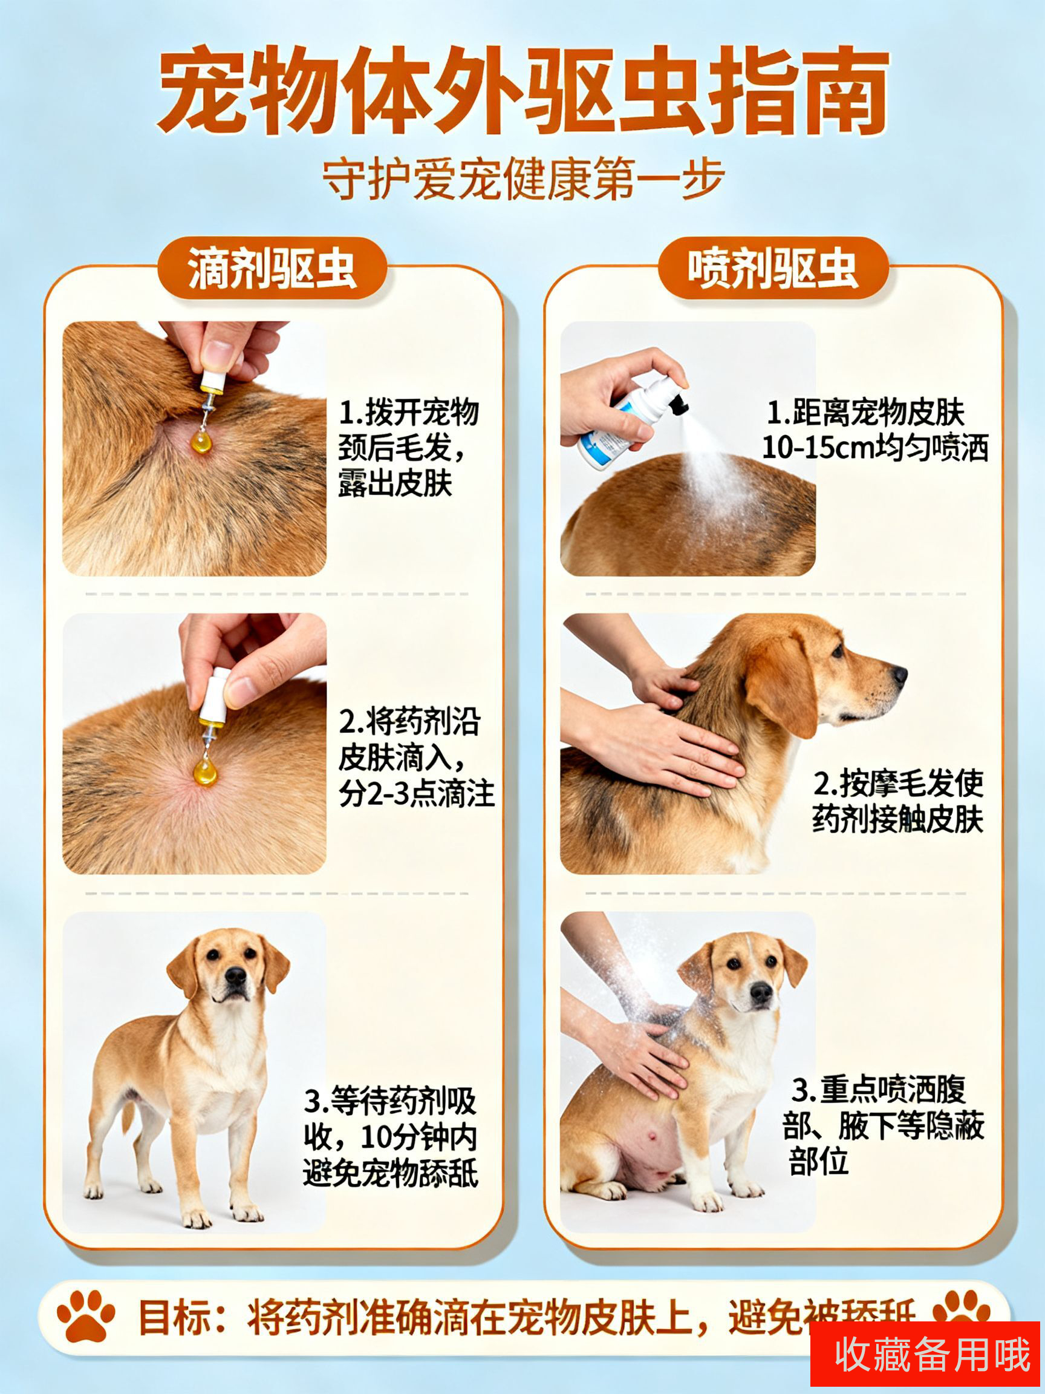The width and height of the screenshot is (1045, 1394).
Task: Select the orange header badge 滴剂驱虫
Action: coord(272,269)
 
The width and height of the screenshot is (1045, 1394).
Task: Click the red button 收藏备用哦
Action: coord(924,1353)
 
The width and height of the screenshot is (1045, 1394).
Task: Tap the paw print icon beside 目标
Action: coord(86,1316)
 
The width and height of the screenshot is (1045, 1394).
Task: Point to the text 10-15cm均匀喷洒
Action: coord(875,448)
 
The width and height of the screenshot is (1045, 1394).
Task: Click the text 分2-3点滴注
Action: coord(416,793)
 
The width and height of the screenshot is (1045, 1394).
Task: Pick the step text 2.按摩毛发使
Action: coord(898,784)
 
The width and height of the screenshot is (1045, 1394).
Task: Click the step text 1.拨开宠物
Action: coord(409,413)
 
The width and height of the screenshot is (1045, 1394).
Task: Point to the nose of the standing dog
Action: coord(236,976)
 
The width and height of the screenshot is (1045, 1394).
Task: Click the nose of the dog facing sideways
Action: coord(900,676)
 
